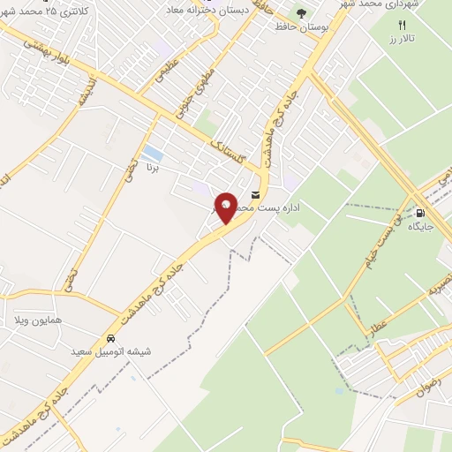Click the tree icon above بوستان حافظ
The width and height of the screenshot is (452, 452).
[301, 13]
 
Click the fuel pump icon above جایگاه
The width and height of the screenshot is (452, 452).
[420, 212]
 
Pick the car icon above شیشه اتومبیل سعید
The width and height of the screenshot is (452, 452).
[110, 338]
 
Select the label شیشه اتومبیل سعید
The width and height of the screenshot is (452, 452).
[111, 351]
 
